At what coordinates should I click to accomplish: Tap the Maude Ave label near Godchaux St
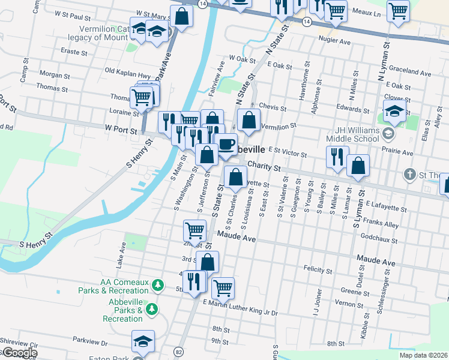point(376,263)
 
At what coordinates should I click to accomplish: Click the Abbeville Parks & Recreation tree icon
point(152,308)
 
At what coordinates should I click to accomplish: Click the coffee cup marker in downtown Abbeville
point(226,145)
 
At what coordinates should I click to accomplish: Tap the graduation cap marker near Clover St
point(394,111)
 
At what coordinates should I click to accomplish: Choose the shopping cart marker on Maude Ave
point(195,229)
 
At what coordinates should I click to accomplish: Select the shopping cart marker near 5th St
point(223,287)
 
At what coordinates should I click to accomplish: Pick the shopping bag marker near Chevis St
point(249,120)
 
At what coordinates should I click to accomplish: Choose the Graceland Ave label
point(409,73)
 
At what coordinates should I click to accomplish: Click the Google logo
point(19,353)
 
